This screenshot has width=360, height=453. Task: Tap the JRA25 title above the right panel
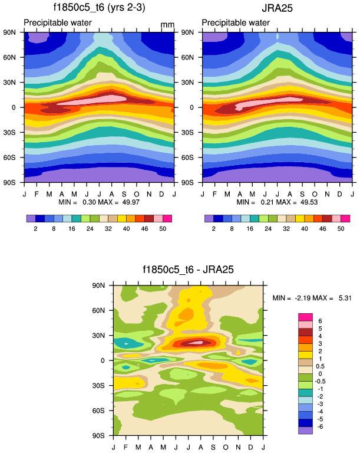click(277, 8)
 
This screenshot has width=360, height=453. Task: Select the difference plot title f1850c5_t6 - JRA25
click(189, 271)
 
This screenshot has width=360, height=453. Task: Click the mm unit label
click(168, 25)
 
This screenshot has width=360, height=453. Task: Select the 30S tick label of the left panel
click(14, 133)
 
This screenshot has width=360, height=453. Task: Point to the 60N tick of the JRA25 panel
click(193, 57)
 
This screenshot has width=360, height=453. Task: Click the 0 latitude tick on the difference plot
click(102, 360)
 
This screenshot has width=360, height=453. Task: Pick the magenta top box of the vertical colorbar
click(305, 317)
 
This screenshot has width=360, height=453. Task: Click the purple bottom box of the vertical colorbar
click(305, 431)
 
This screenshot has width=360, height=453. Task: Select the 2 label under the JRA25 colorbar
click(213, 227)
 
